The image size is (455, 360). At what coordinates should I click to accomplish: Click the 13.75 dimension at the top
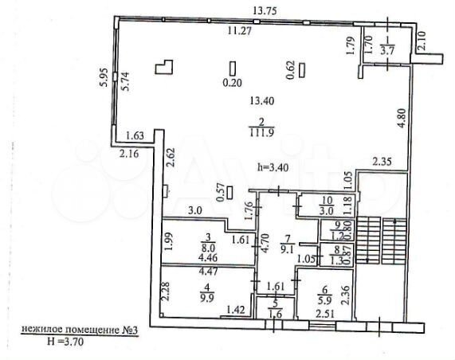coord(265,10)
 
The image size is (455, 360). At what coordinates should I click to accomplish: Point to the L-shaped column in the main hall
coord(164,67)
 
